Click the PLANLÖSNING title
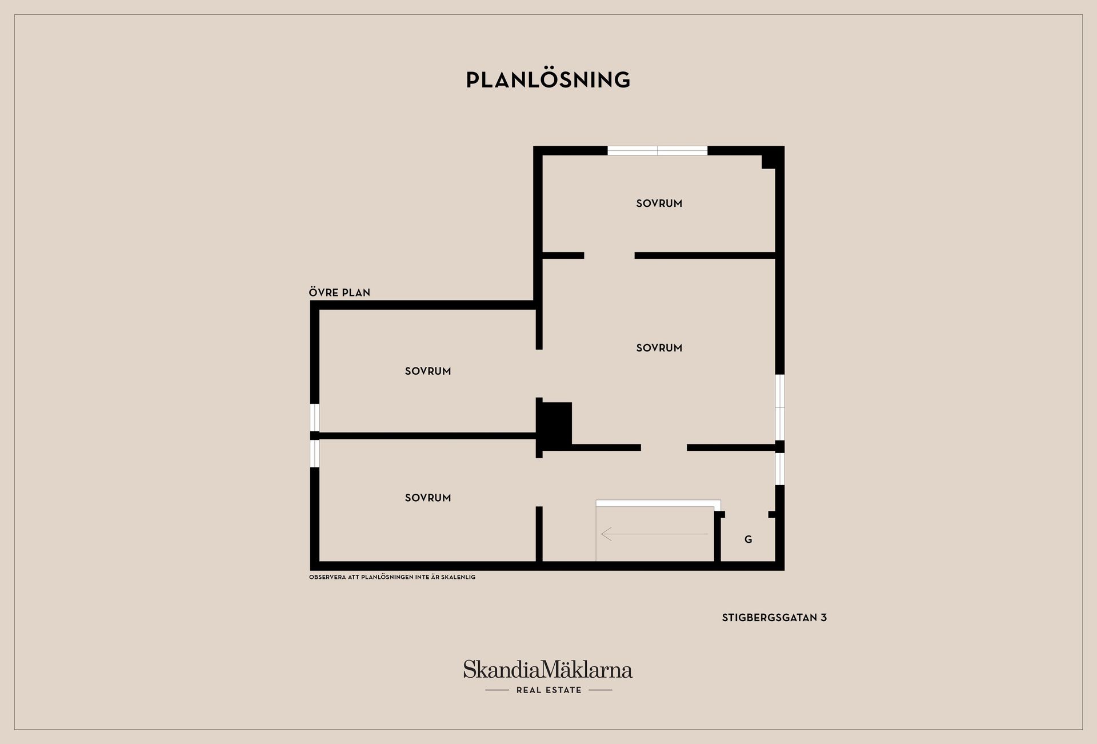tap(548, 79)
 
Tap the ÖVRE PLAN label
tap(339, 293)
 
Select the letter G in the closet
tap(748, 539)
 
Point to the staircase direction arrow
tap(654, 534)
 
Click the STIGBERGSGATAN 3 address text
tap(774, 618)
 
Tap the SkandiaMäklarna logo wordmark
tap(548, 669)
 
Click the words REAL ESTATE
tap(549, 690)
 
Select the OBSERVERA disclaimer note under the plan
tap(392, 577)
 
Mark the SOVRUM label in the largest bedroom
tap(659, 348)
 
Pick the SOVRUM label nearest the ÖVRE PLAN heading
tap(428, 371)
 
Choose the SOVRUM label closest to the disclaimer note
tap(428, 498)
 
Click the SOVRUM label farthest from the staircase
tap(659, 203)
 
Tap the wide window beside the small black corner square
tap(657, 151)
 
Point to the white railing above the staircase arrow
tap(658, 503)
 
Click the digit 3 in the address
tap(823, 618)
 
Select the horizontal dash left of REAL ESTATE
tap(497, 690)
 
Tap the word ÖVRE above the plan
tap(324, 293)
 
